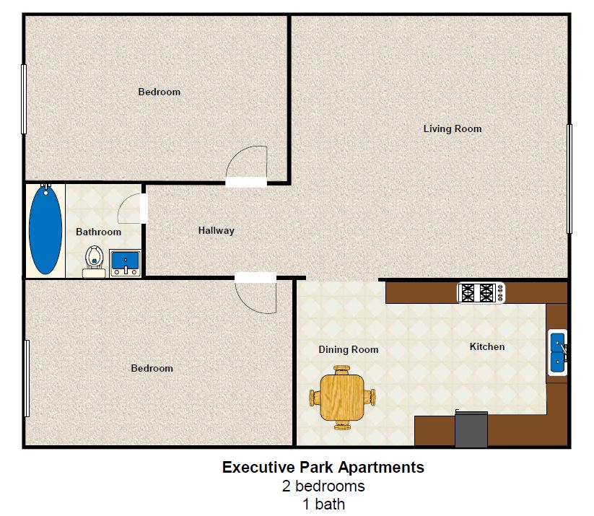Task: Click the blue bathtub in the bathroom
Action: [x=45, y=230]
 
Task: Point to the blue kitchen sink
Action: [x=558, y=352]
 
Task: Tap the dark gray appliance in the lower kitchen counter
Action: [x=471, y=429]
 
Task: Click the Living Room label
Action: [x=453, y=129]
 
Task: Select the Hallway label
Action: [x=217, y=231]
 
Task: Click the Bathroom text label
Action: [x=99, y=232]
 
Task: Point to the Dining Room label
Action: [x=349, y=350]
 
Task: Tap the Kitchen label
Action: [x=487, y=347]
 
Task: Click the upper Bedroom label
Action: [x=160, y=92]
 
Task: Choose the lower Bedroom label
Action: [x=152, y=369]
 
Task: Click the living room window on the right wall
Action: [x=569, y=178]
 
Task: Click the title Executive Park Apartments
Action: [x=323, y=468]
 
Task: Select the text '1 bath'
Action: [x=323, y=504]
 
